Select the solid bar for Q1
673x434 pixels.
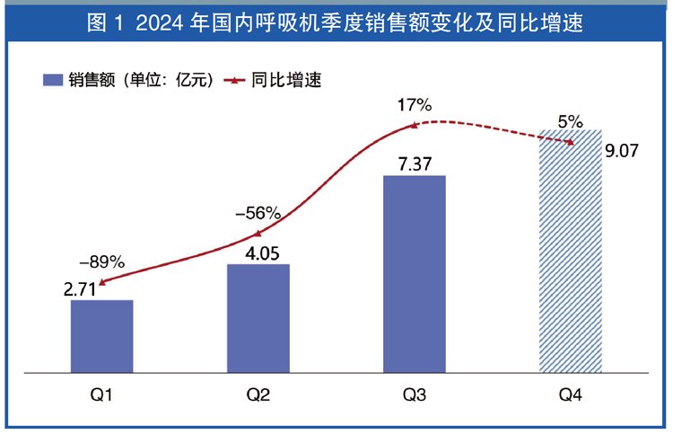click(101, 334)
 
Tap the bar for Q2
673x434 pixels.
click(258, 316)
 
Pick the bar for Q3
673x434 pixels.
click(414, 271)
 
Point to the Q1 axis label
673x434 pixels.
click(101, 396)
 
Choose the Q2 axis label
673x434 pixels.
click(258, 396)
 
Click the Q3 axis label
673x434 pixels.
click(414, 396)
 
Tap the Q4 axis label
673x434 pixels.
click(570, 396)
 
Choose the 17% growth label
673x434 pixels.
click(414, 105)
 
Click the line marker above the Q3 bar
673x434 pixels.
click(414, 125)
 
